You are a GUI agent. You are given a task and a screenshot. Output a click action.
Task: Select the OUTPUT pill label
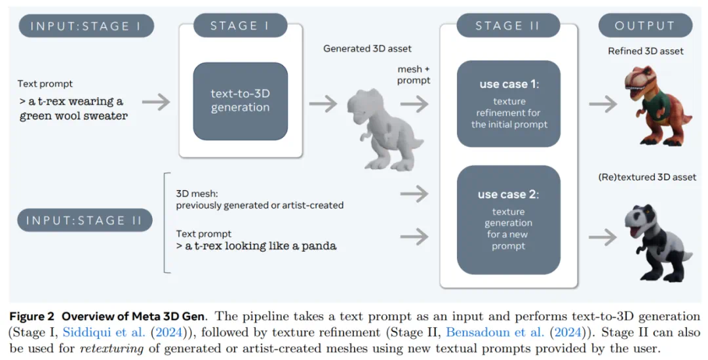point(645,26)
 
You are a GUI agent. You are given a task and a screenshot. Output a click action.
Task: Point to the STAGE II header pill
point(508,26)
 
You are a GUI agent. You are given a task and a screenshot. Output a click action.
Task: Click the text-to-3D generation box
point(240,101)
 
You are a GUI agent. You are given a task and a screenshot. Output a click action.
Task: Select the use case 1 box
point(508,104)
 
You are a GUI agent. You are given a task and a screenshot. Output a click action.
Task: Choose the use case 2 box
point(508,220)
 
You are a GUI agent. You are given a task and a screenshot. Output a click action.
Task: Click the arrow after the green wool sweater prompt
point(155,102)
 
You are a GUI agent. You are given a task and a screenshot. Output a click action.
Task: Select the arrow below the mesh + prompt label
point(413,103)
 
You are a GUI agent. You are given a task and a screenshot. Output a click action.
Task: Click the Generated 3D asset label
point(367,49)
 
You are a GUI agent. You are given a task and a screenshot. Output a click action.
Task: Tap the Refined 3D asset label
point(645,51)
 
